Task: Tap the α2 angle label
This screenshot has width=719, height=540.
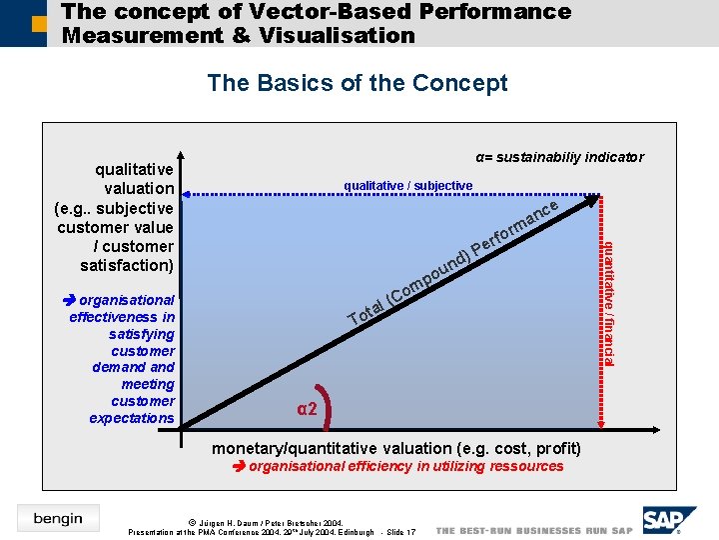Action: (x=308, y=408)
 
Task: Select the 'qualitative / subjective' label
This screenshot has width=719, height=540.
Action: (x=407, y=186)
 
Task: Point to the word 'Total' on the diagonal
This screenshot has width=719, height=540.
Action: (x=366, y=313)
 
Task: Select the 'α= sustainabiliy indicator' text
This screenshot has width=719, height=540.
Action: (x=559, y=157)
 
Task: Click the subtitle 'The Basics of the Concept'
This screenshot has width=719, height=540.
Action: (x=358, y=83)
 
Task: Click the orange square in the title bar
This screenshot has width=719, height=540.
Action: (x=39, y=22)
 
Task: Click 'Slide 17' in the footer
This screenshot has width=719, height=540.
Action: (x=398, y=532)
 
